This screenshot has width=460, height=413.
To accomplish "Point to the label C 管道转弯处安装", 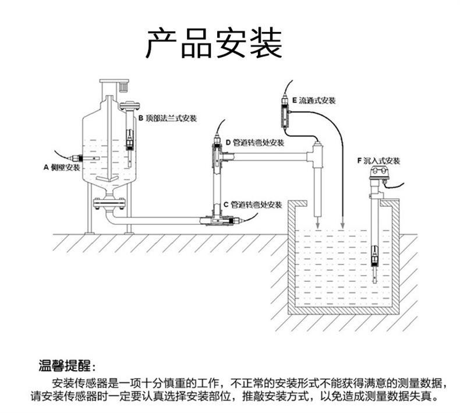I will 253,205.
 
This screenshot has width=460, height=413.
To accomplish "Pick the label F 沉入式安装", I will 378,160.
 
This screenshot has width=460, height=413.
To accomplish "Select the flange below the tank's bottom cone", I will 109,203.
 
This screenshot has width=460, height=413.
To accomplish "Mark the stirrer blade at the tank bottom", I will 109,178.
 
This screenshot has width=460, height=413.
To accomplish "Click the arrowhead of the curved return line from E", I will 342,226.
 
